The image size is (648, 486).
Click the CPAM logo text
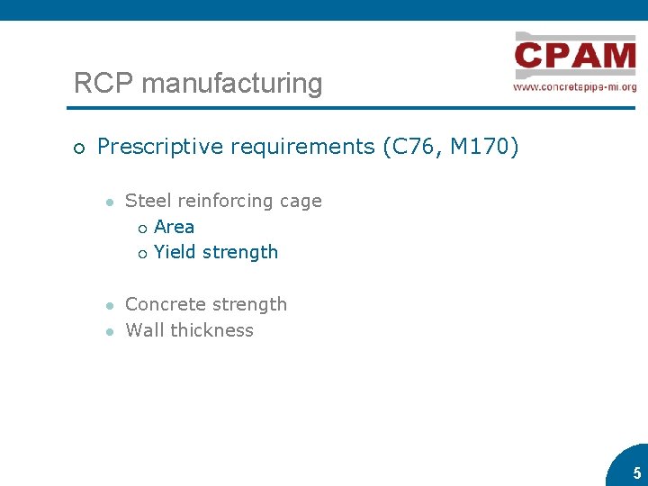[x=575, y=57]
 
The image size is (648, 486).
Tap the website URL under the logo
[x=575, y=87]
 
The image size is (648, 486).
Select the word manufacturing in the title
[x=231, y=84]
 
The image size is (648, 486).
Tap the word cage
[x=300, y=201]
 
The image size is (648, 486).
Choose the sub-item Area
[x=174, y=227]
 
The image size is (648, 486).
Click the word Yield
[x=175, y=252]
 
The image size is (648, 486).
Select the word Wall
[x=144, y=330]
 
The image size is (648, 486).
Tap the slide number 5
[x=636, y=473]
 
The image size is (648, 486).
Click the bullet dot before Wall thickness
[x=108, y=331]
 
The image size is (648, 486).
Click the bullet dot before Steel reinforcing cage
[x=108, y=202]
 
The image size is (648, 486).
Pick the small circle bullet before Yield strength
[x=141, y=254]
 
